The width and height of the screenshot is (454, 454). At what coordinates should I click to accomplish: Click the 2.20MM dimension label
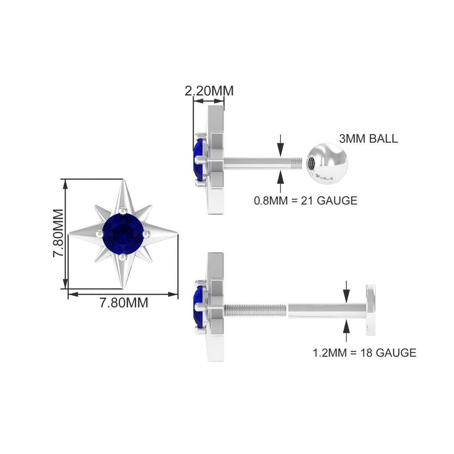[x=209, y=90]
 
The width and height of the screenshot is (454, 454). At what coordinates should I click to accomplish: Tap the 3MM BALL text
[x=368, y=138]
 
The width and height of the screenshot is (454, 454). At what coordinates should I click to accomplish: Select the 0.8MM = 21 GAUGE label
[x=305, y=200]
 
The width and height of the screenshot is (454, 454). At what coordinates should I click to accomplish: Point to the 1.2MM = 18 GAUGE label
[x=364, y=352]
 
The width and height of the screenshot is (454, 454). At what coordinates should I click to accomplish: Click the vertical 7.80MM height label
[x=58, y=234]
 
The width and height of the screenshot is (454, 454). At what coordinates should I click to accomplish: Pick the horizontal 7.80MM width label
[x=123, y=303]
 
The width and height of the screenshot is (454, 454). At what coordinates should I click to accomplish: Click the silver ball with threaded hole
[x=327, y=163]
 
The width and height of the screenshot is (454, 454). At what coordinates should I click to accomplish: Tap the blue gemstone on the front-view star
[x=123, y=233]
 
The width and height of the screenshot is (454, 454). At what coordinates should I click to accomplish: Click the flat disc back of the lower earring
[x=370, y=310]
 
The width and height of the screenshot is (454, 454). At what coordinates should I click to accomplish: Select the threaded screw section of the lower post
[x=255, y=309]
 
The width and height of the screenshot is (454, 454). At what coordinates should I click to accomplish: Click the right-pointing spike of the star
[x=164, y=234]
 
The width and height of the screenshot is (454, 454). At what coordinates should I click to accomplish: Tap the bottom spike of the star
[x=123, y=275]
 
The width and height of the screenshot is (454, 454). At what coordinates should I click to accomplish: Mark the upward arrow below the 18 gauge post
[x=346, y=329]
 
